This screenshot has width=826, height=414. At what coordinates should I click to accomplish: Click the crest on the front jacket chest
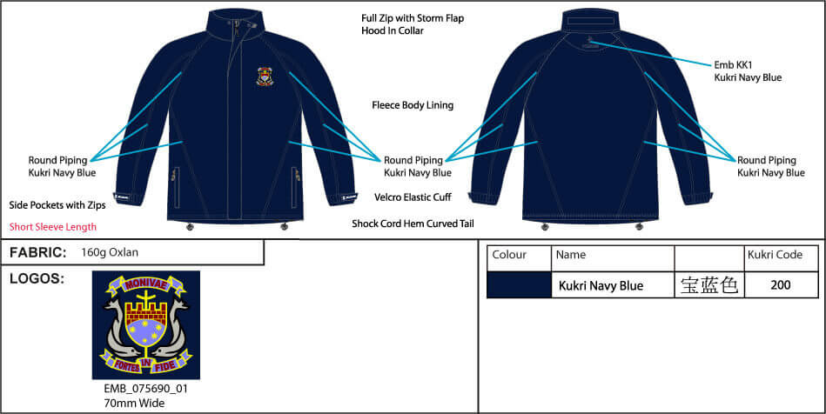(264, 77)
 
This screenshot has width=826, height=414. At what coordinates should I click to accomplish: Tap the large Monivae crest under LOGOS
(146, 324)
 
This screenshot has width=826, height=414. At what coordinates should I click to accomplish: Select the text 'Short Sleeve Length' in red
(53, 227)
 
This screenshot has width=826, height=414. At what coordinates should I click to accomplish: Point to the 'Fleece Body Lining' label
(413, 105)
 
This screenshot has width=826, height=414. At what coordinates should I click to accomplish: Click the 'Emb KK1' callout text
(730, 63)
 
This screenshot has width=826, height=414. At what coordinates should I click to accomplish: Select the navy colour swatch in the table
(519, 284)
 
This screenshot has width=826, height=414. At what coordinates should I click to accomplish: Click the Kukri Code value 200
(781, 284)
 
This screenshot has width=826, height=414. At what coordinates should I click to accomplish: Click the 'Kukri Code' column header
(775, 256)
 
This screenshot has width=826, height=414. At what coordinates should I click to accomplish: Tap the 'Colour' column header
(509, 256)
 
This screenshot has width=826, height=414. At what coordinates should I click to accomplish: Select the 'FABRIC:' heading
(38, 252)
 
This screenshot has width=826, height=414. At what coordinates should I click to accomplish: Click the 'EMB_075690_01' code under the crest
(145, 389)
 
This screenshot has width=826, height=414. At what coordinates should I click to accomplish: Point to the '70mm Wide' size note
(131, 404)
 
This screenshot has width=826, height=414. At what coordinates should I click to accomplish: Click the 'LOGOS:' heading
(37, 278)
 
